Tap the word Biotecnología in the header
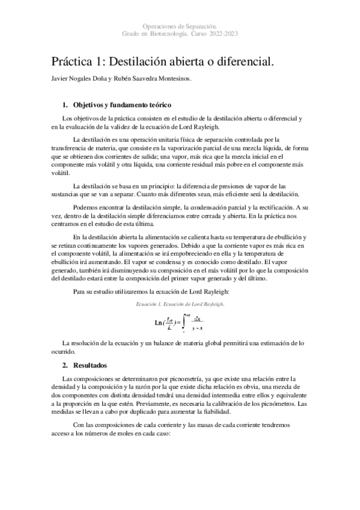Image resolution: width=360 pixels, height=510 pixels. tap(173, 34)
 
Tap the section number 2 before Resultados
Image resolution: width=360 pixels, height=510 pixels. tap(65, 365)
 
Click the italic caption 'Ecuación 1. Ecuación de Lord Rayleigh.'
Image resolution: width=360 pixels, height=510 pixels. tap(180, 304)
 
